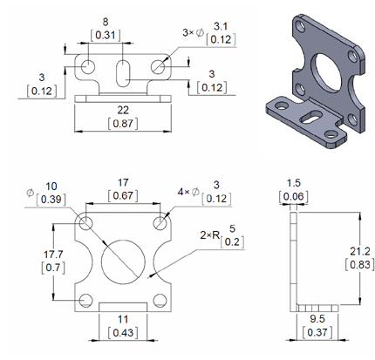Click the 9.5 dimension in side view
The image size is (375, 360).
(x=317, y=320)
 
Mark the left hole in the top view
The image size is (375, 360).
(x=87, y=67)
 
